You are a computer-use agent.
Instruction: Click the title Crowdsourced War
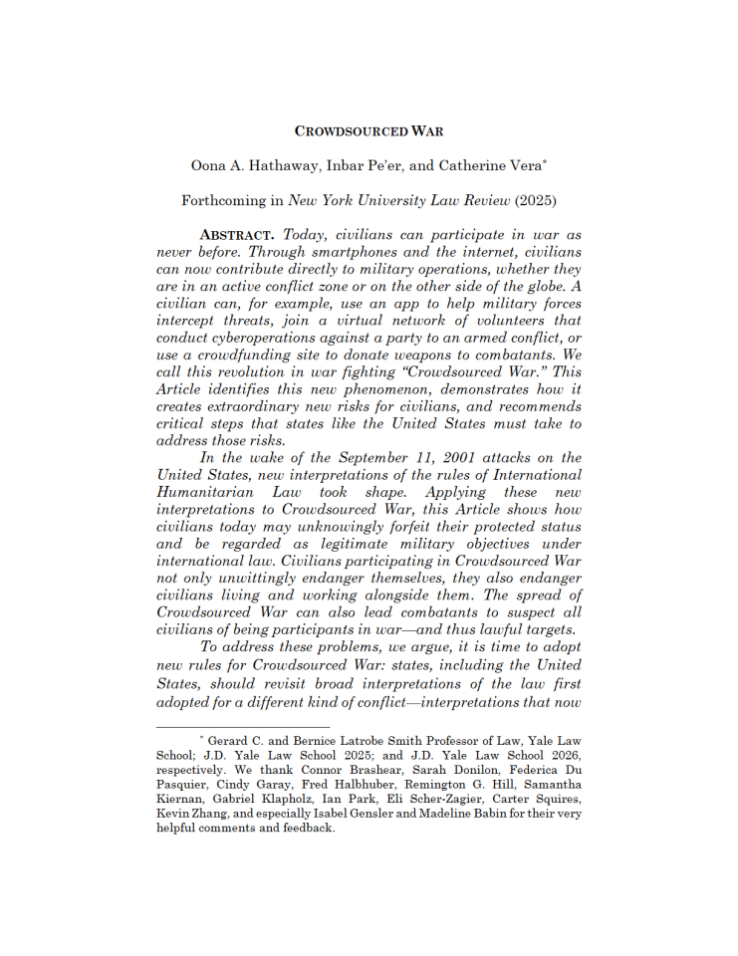(x=369, y=130)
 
